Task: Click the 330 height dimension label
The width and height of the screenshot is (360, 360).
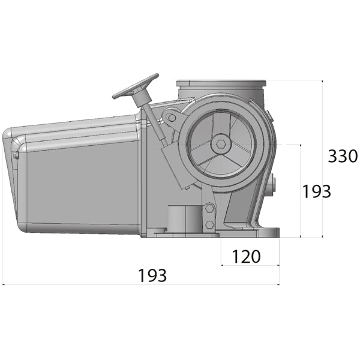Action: (x=343, y=157)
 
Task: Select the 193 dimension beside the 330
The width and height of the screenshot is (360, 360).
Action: (x=316, y=191)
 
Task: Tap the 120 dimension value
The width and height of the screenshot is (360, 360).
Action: (x=246, y=257)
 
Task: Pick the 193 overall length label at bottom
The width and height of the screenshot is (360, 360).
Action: (x=152, y=276)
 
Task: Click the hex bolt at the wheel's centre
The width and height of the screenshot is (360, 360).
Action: (x=222, y=144)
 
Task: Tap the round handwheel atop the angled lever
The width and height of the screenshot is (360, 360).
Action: (x=135, y=86)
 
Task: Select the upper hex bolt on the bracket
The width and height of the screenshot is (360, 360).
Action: (x=209, y=208)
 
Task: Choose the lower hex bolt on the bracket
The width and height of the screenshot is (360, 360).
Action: (x=209, y=224)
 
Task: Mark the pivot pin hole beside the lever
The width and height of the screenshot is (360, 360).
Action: (x=172, y=117)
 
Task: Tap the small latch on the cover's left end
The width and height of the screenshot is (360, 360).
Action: (x=14, y=155)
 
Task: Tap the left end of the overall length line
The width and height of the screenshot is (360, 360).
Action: (x=3, y=284)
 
